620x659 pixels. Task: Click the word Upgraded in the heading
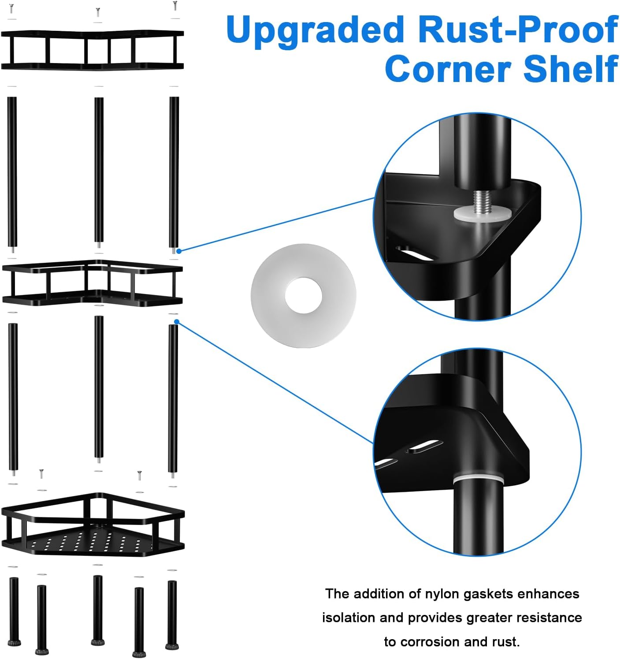tap(315, 31)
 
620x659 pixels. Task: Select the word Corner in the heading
tap(448, 69)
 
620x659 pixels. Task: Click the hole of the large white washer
tap(303, 295)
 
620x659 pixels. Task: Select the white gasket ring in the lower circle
tap(478, 480)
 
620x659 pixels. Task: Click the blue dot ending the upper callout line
tap(179, 251)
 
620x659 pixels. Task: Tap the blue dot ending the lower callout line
tap(177, 321)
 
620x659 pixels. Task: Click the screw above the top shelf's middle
tap(98, 12)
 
